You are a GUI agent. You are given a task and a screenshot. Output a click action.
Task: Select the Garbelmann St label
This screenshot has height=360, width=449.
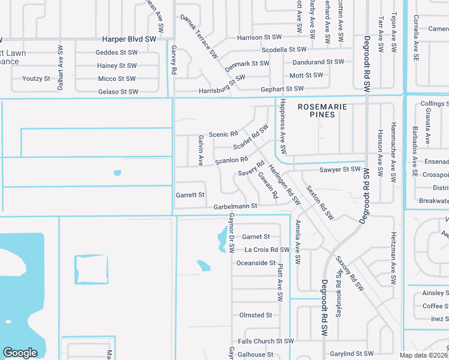point(235,206)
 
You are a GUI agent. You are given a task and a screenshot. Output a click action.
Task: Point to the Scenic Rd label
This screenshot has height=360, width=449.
point(223,134)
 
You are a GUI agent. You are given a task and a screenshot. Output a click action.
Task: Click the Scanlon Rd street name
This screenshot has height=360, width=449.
point(231,160)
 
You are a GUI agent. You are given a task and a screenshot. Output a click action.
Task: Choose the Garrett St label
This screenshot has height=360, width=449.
point(190,195)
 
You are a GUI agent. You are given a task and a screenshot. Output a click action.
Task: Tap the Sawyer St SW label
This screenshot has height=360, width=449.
point(340,170)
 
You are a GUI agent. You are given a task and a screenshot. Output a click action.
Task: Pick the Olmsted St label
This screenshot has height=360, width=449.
point(256,315)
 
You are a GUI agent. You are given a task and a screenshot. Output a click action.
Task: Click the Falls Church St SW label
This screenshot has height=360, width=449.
point(265,341)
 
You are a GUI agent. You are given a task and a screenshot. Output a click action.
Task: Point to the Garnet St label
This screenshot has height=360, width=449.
point(256,237)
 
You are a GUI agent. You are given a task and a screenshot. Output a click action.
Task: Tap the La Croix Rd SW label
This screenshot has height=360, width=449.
point(267,250)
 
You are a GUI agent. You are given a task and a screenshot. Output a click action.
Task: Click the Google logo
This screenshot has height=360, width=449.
point(20,353)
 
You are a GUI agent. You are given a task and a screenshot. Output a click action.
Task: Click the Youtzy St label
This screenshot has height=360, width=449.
point(37,79)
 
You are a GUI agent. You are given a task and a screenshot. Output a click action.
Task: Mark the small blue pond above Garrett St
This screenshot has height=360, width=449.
point(117,173)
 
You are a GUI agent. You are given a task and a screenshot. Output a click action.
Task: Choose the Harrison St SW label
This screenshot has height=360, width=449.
point(258,37)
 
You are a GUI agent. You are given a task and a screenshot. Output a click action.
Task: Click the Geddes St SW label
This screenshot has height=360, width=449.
point(116,53)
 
